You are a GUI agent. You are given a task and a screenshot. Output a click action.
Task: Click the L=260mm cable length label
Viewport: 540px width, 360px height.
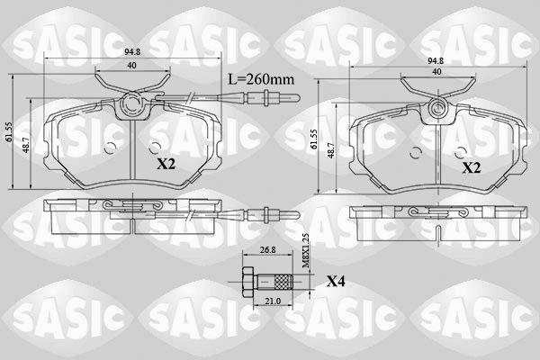261,79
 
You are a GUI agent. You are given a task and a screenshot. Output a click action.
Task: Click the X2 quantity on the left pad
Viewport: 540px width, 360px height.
166,164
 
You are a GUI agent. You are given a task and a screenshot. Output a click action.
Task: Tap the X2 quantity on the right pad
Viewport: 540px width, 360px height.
472,167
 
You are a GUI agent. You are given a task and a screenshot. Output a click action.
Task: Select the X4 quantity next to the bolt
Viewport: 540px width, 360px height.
336,282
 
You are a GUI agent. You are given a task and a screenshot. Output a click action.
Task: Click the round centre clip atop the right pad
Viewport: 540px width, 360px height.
438,110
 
